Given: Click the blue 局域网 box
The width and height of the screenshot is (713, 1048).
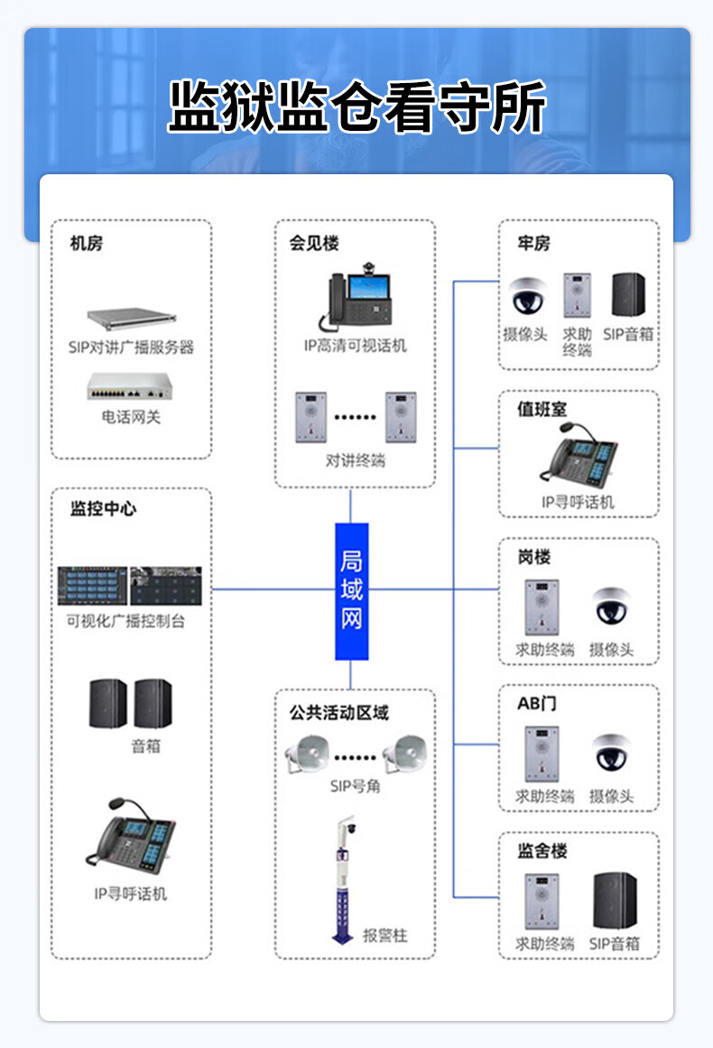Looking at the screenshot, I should pyautogui.click(x=352, y=590).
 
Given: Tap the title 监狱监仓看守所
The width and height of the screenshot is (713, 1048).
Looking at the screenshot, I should pyautogui.click(x=356, y=108).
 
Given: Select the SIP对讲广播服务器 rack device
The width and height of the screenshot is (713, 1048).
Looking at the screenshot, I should pyautogui.click(x=131, y=317).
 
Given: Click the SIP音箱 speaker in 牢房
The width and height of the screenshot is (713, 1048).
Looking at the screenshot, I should pyautogui.click(x=628, y=294).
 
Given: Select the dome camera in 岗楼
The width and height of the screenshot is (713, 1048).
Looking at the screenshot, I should pyautogui.click(x=612, y=606).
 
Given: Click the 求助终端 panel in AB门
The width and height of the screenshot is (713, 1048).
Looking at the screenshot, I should pyautogui.click(x=542, y=754).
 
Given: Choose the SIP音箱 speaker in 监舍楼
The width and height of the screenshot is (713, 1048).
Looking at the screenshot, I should pyautogui.click(x=615, y=900).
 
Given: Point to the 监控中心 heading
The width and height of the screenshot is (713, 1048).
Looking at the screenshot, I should pyautogui.click(x=103, y=509).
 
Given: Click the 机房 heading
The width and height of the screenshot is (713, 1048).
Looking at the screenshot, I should pyautogui.click(x=87, y=244).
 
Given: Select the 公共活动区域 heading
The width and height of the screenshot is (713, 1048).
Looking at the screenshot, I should pyautogui.click(x=339, y=713).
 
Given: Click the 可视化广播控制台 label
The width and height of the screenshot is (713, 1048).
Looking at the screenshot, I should pyautogui.click(x=126, y=622).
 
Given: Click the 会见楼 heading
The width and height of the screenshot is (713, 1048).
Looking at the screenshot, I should pyautogui.click(x=314, y=244).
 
